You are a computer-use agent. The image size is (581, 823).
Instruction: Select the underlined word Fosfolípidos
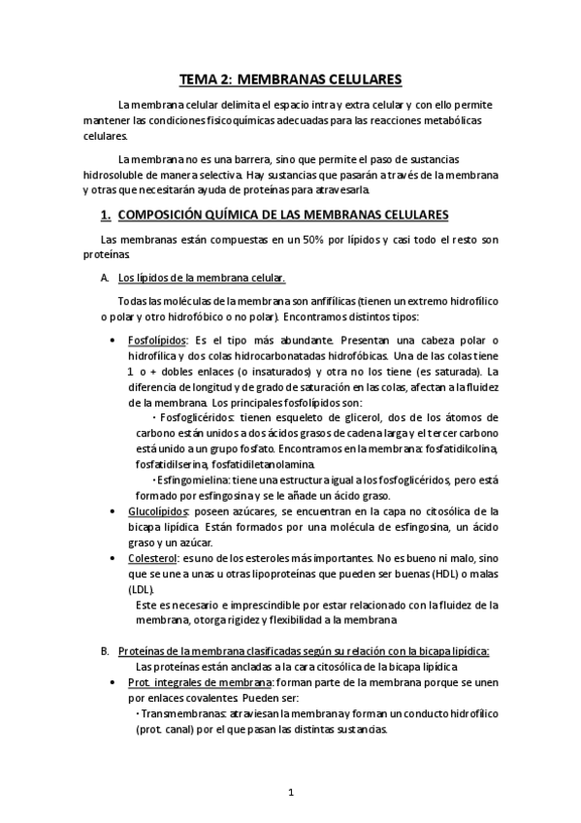click(x=157, y=341)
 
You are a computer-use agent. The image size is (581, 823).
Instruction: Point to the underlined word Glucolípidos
click(x=158, y=510)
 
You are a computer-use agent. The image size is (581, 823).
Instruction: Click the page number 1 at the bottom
click(x=290, y=792)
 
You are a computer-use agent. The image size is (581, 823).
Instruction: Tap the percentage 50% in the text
click(x=316, y=239)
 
